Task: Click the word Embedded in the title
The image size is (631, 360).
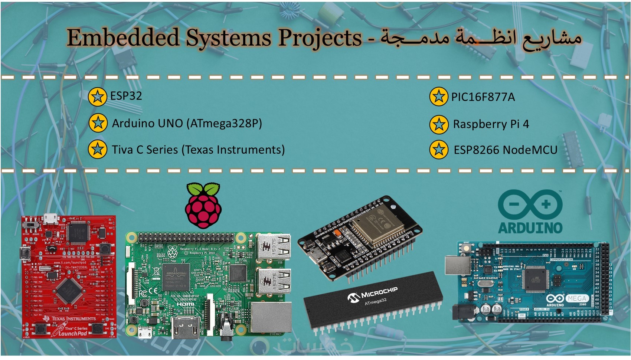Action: (123, 38)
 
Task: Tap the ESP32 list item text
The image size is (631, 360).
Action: (126, 96)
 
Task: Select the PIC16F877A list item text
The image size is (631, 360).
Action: (483, 97)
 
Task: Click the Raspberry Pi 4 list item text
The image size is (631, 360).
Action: (491, 124)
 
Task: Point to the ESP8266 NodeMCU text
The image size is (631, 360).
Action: (506, 150)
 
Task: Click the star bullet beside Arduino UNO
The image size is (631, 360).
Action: (98, 123)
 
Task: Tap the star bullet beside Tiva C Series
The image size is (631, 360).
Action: (98, 149)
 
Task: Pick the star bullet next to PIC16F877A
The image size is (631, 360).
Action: (438, 97)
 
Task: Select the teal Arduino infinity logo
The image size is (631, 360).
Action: (530, 204)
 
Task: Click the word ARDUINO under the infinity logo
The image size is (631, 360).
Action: (530, 228)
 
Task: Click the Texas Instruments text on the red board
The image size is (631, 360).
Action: (73, 318)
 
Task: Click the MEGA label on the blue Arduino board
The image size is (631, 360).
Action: (576, 298)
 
